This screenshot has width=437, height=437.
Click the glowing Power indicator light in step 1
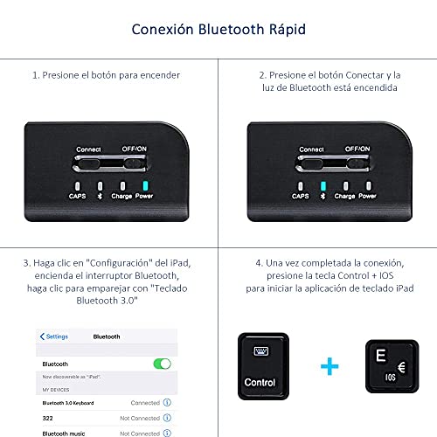[x=145, y=185]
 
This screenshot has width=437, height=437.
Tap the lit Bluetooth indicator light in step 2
[x=323, y=186]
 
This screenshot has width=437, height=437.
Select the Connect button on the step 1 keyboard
[x=88, y=163]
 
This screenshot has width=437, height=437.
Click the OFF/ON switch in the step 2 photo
[x=357, y=163]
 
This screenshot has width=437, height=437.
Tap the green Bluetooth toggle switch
[x=162, y=364]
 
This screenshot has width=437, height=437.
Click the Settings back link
[x=54, y=336]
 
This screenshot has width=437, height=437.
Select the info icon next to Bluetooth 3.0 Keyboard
[x=167, y=402]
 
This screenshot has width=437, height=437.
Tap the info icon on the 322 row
[x=167, y=418]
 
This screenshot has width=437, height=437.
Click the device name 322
[x=47, y=419]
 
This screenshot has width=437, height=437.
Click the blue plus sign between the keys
[x=329, y=366]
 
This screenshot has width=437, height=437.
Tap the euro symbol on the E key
[x=401, y=367]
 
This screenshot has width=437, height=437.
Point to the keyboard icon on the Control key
[x=261, y=351]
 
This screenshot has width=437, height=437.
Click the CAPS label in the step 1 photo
[x=77, y=196]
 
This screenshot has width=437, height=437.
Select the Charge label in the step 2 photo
[x=344, y=196]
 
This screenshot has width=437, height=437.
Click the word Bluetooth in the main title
[x=231, y=29]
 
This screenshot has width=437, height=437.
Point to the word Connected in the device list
[x=145, y=403]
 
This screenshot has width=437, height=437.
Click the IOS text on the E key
[x=391, y=378]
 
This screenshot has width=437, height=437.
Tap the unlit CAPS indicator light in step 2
[x=301, y=186]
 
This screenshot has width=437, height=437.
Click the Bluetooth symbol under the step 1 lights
[x=100, y=196]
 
